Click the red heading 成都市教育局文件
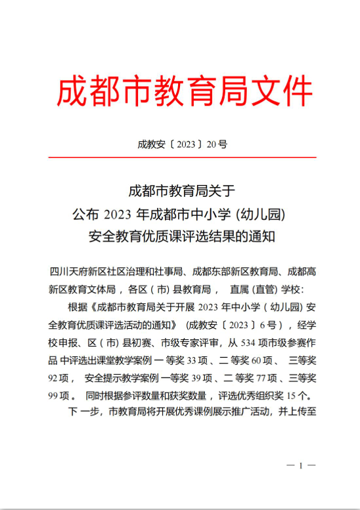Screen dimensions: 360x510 (x=185, y=92)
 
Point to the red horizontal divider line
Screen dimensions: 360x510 (x=181, y=158)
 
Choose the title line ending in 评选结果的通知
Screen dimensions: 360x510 (x=181, y=235)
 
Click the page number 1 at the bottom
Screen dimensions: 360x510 (x=301, y=465)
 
